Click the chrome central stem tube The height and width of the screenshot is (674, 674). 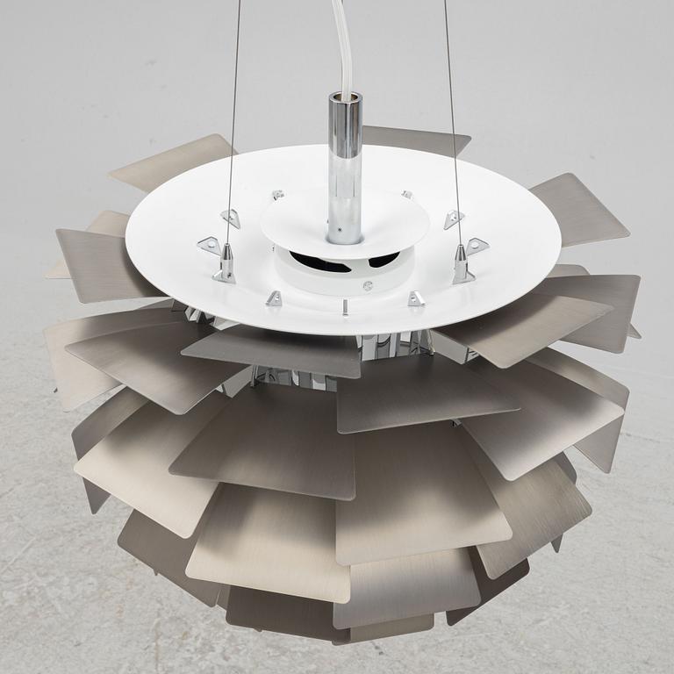(344, 167)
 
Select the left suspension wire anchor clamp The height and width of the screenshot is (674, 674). (226, 263)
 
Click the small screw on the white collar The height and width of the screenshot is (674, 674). (369, 285)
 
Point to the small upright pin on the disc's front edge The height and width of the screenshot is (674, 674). (346, 307)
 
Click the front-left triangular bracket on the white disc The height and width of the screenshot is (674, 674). (273, 299)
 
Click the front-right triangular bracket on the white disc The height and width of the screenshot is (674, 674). (415, 299)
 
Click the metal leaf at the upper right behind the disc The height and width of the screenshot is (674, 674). (579, 209)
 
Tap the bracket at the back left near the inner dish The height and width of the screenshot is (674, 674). (278, 195)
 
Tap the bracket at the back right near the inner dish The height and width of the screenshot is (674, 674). (407, 194)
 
